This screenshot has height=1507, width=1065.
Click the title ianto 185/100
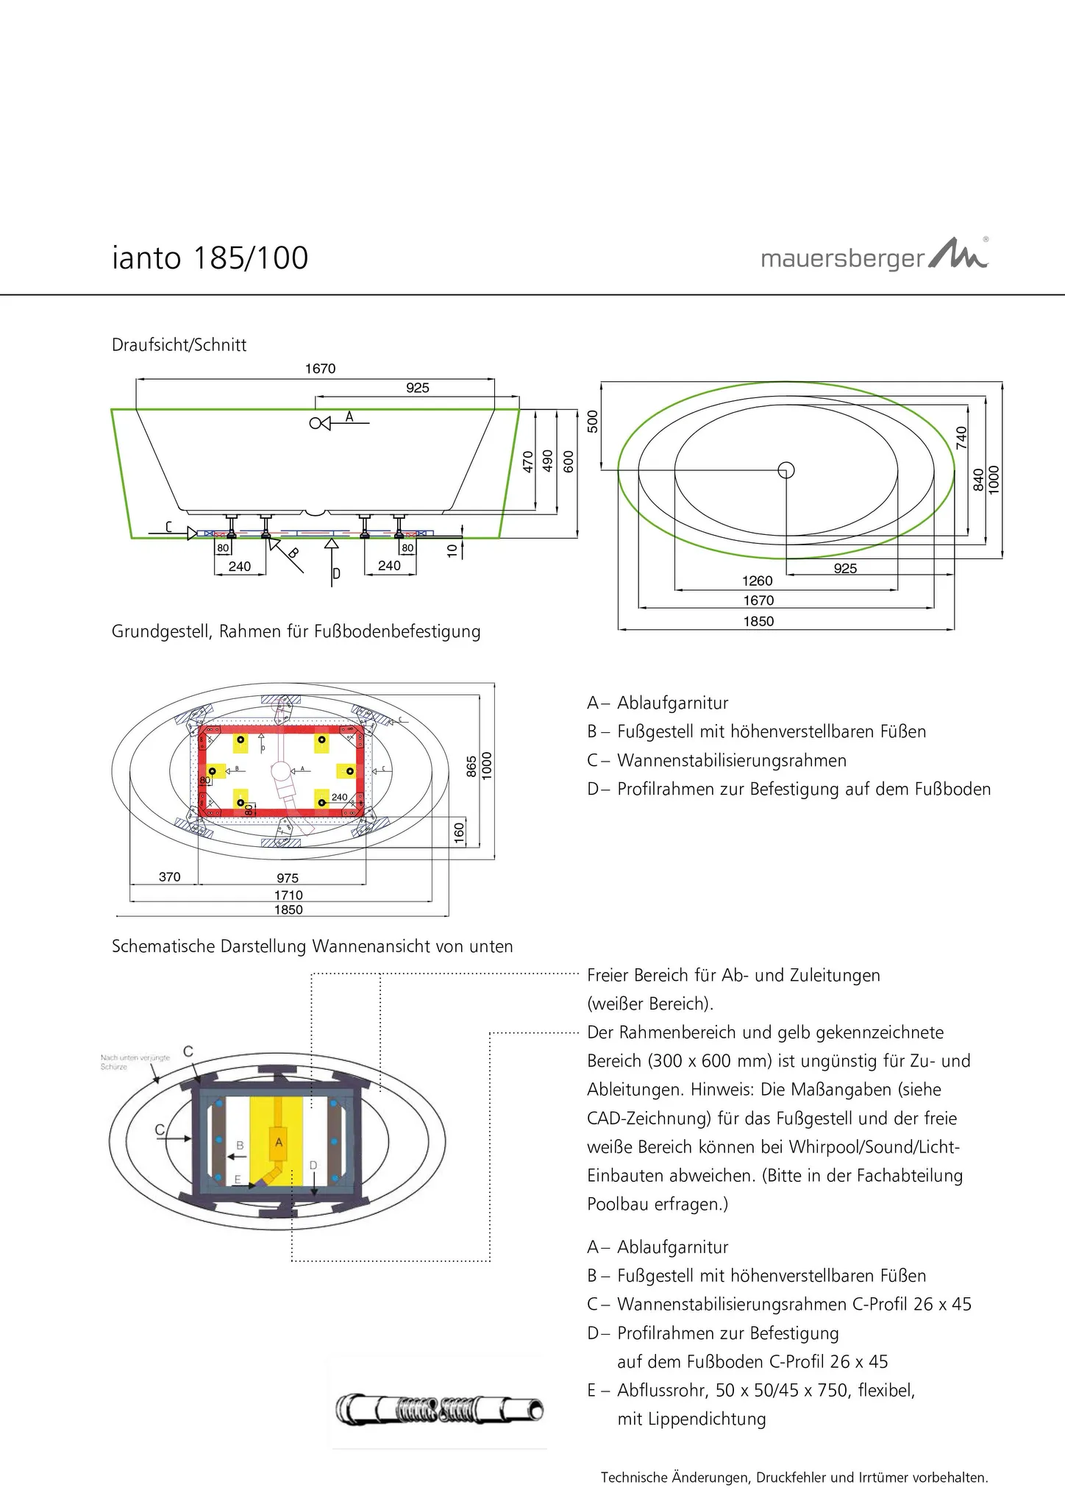(210, 258)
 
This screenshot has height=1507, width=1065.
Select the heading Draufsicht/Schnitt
(179, 345)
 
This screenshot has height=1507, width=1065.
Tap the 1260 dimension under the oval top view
(757, 581)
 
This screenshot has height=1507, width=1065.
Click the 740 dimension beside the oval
(961, 438)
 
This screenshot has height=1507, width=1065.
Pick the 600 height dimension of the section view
(568, 461)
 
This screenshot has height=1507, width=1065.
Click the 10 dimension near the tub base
(452, 548)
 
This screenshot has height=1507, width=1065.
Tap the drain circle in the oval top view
(786, 469)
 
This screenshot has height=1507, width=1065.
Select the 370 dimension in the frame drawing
(169, 876)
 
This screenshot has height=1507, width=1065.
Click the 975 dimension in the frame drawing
(288, 878)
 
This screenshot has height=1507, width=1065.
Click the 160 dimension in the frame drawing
(460, 833)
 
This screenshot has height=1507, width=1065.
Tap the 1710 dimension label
(288, 895)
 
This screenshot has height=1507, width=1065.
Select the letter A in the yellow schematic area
(278, 1143)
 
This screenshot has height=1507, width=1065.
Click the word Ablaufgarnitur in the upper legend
(672, 703)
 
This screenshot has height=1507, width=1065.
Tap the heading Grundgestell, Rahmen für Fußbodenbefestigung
(296, 631)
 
